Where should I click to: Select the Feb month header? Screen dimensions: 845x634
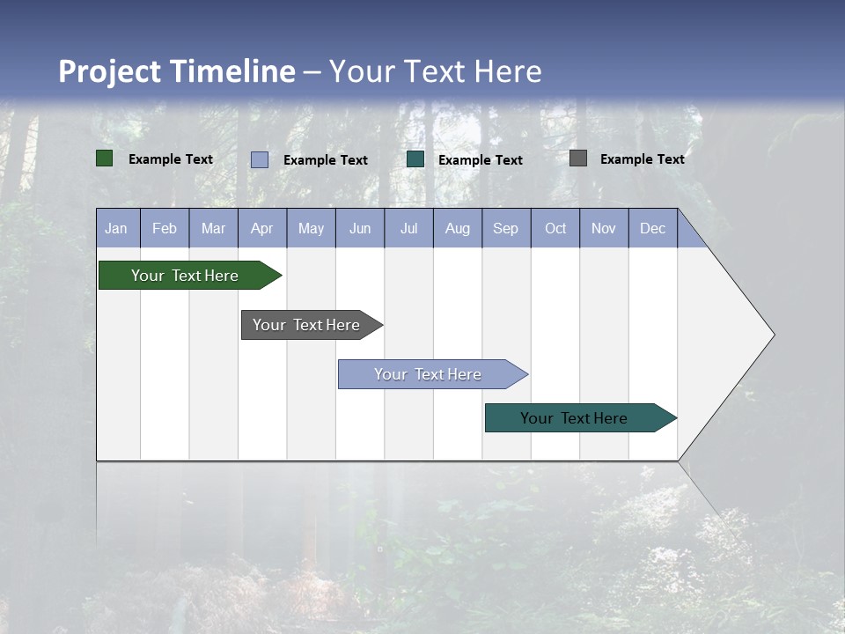point(165,228)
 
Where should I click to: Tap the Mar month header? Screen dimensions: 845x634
point(213,228)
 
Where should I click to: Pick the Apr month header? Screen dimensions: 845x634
point(262,228)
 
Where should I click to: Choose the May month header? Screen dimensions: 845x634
point(311,228)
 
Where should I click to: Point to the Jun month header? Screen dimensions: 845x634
point(360,228)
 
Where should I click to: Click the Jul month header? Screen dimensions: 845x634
point(408,228)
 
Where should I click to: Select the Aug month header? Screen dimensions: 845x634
point(458,228)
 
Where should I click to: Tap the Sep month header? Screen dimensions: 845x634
point(506,228)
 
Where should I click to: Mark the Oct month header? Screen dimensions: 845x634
point(555,228)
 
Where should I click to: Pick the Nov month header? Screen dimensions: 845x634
point(604,228)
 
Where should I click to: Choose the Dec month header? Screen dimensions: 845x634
point(653,228)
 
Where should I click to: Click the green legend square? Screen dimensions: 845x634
point(105,158)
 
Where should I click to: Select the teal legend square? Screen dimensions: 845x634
point(415,159)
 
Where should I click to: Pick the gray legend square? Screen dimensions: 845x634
point(578,158)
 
